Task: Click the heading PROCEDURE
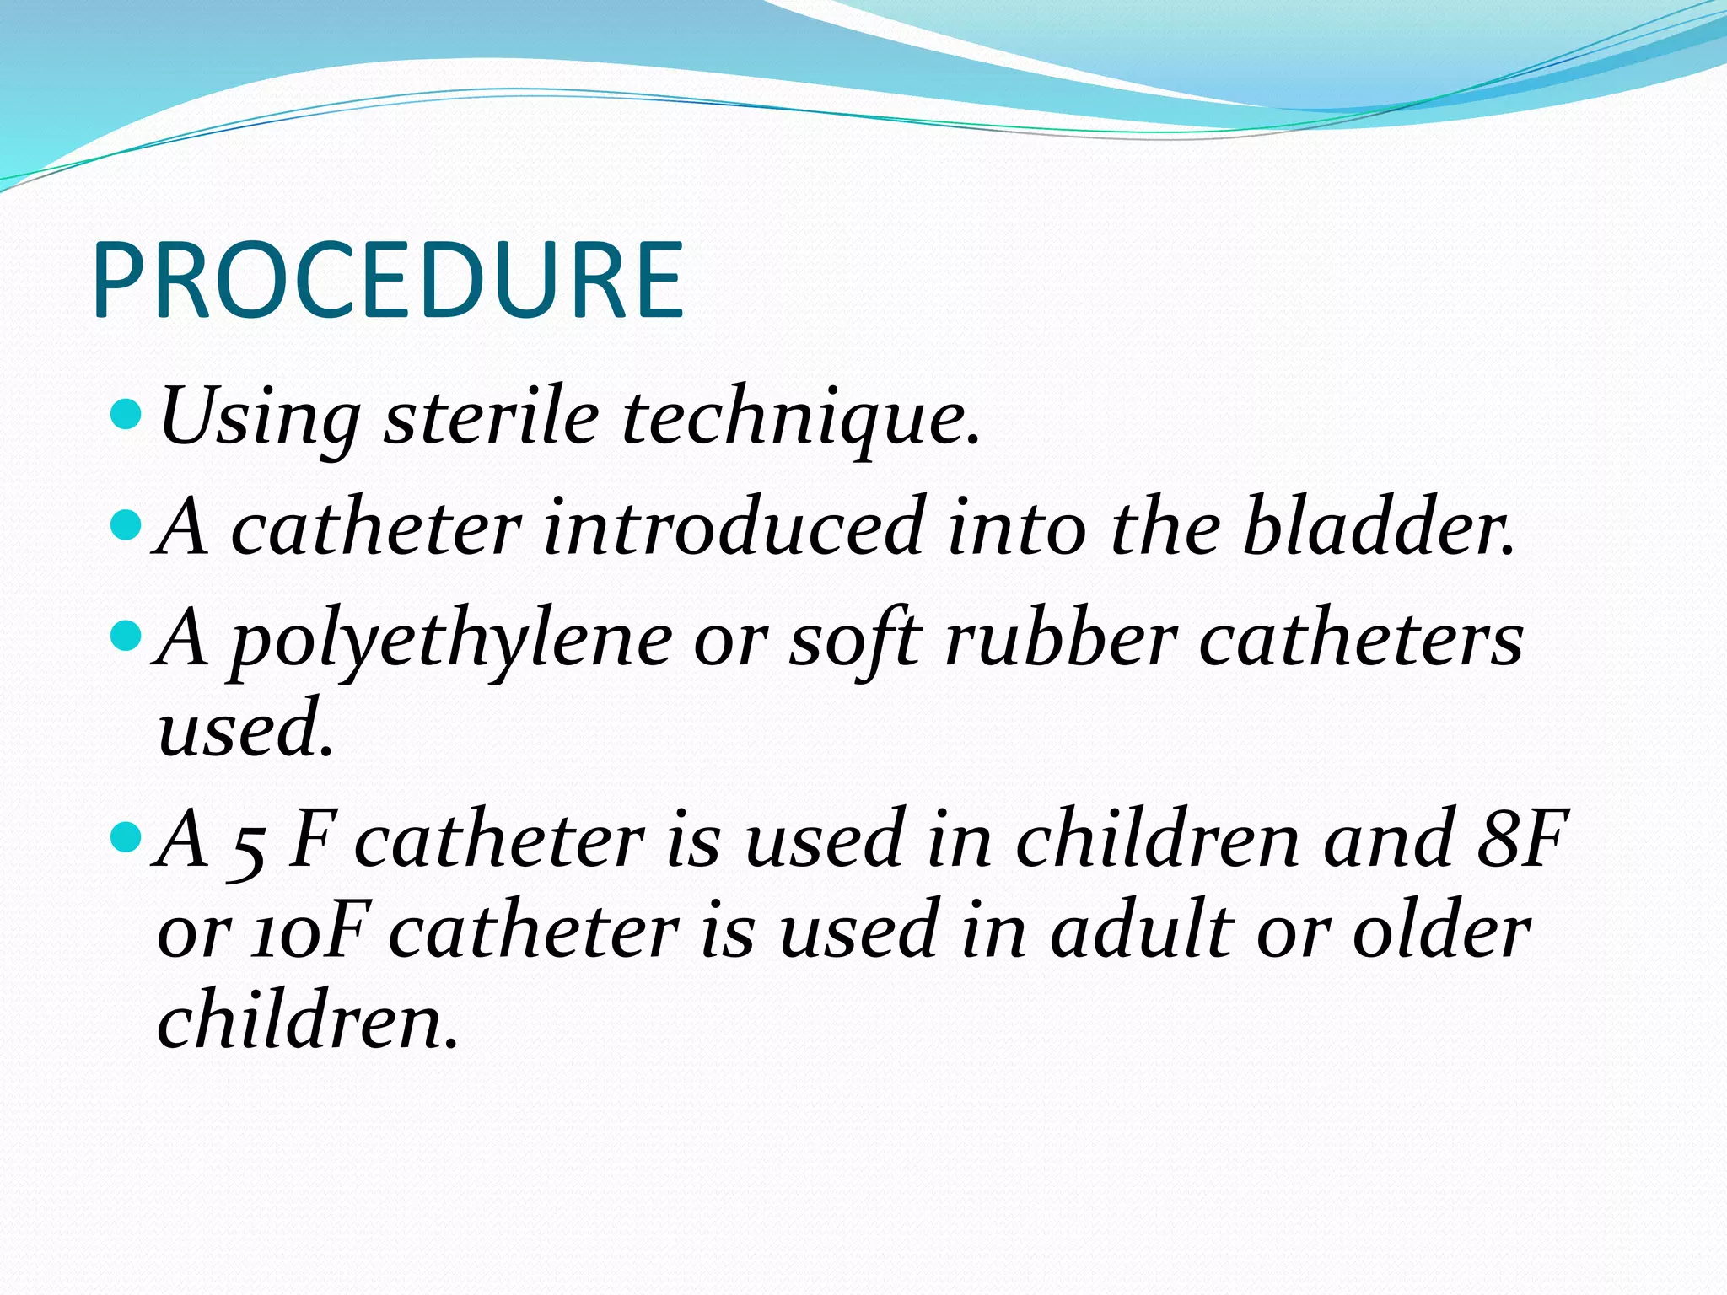pos(388,280)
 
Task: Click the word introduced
pos(734,527)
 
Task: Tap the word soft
pos(852,638)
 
